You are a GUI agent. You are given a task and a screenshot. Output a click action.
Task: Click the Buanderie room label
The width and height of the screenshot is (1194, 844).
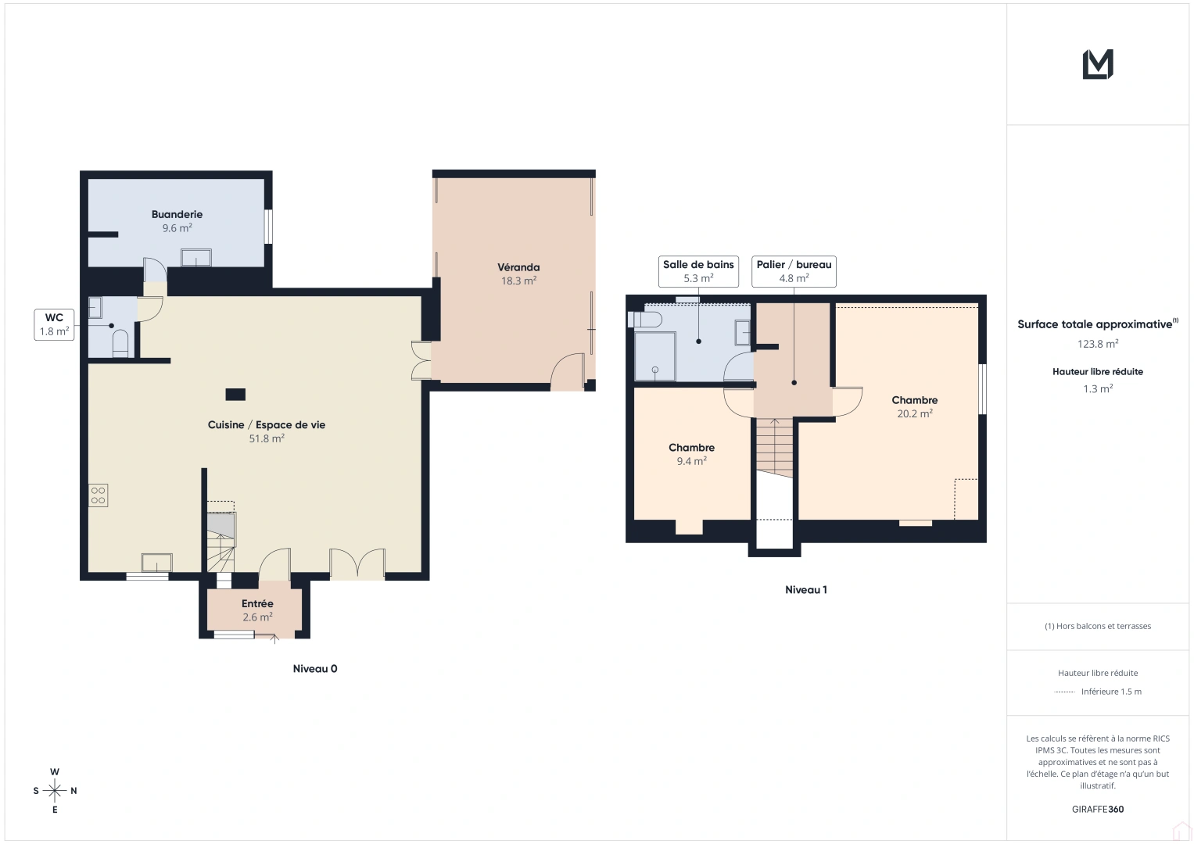(177, 214)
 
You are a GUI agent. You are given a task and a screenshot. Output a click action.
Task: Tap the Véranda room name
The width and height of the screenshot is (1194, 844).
(518, 267)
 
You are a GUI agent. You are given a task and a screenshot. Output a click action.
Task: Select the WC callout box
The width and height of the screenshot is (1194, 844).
(55, 324)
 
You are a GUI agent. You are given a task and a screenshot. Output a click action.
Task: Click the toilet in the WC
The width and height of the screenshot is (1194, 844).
(120, 342)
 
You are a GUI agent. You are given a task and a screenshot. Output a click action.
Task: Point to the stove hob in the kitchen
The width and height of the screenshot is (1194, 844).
(98, 495)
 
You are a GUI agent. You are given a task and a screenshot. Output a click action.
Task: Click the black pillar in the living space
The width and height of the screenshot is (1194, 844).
(235, 395)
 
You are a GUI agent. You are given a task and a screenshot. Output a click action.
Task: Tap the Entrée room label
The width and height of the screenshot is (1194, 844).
(257, 604)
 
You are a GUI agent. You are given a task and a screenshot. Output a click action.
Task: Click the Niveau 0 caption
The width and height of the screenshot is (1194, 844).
(315, 669)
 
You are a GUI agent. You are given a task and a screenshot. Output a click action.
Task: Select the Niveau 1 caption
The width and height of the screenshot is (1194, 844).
(805, 590)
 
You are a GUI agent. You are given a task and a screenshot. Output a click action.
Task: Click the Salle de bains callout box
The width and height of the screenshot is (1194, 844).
(698, 271)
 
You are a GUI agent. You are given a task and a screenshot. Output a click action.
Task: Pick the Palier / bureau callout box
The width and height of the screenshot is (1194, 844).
(794, 271)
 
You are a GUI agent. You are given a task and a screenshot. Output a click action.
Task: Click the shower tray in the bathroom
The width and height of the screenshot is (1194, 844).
(655, 356)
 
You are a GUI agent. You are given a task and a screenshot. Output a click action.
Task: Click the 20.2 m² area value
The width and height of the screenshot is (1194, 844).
(914, 414)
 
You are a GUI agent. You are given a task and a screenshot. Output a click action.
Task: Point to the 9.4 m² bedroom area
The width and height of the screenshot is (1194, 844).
(691, 462)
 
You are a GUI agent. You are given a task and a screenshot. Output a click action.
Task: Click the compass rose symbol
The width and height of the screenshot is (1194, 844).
(55, 791)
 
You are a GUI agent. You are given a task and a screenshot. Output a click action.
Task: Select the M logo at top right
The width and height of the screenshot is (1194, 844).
(1098, 64)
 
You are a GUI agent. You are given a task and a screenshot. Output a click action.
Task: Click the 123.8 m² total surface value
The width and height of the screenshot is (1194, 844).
(1097, 344)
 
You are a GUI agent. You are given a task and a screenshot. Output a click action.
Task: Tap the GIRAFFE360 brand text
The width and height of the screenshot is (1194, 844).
(1097, 810)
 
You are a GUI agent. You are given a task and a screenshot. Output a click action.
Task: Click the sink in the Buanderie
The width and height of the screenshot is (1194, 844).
(196, 257)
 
